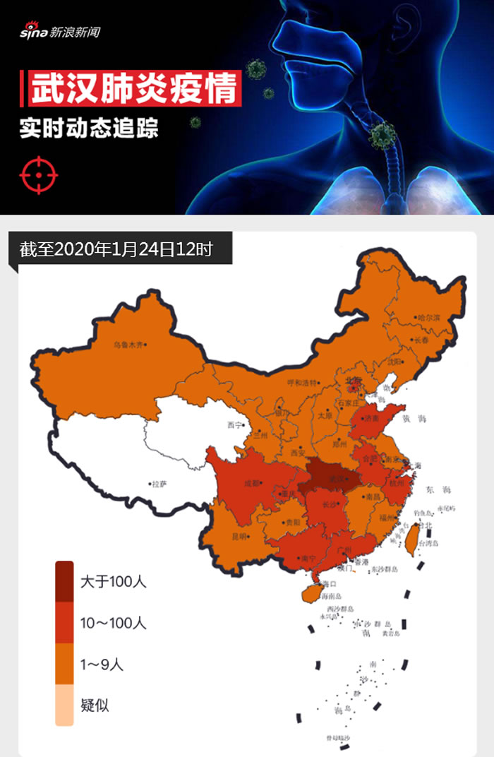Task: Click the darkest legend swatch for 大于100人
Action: pyautogui.click(x=64, y=581)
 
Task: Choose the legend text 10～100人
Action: pyautogui.click(x=113, y=623)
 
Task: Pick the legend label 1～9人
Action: pyautogui.click(x=102, y=664)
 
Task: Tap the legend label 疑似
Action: pyautogui.click(x=95, y=705)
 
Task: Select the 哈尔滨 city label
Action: pyautogui.click(x=428, y=318)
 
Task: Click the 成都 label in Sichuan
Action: pyautogui.click(x=251, y=484)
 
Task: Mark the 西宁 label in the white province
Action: pyautogui.click(x=234, y=425)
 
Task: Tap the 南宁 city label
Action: pyautogui.click(x=308, y=558)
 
